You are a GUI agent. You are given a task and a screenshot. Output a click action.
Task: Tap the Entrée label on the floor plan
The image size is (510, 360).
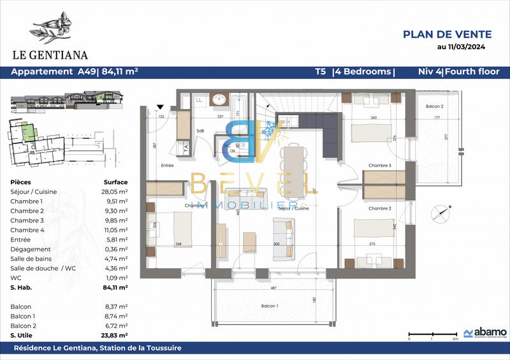[168, 165]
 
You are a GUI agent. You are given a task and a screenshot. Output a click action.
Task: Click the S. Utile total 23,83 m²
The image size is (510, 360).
[115, 335]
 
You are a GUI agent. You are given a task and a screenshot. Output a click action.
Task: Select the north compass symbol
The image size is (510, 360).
[439, 213]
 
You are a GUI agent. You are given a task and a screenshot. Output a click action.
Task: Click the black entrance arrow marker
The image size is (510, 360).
[161, 107]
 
